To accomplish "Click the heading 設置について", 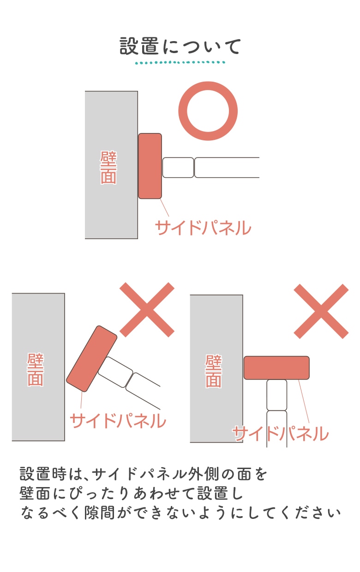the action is tap(180, 46).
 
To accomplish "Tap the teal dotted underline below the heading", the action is tap(180, 62).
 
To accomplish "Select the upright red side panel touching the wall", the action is tap(150, 166).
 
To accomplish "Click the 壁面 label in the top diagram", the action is tap(108, 168).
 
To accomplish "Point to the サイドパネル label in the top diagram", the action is tap(203, 228).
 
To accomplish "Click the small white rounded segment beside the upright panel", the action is tap(178, 168).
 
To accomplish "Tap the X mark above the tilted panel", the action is tap(147, 309).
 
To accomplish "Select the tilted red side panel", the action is tap(92, 359).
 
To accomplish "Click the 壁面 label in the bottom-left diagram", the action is tap(36, 369).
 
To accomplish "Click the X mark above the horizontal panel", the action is tap(321, 311).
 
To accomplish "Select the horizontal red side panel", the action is tap(276, 367).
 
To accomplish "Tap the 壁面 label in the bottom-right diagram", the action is tap(214, 371).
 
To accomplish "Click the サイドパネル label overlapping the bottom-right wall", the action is tap(281, 434).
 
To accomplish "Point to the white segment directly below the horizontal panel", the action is tap(277, 395).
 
